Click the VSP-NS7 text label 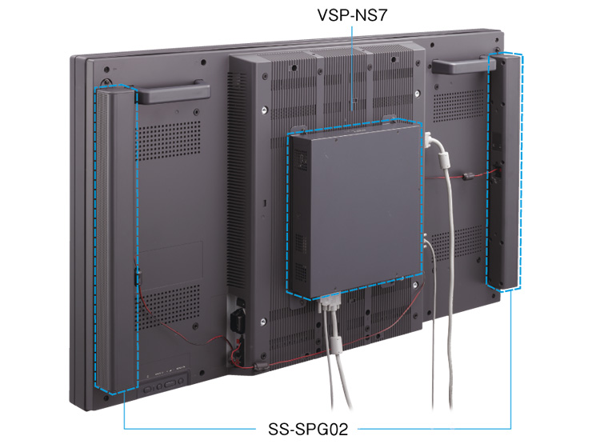click(x=352, y=15)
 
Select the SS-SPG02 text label click(x=308, y=429)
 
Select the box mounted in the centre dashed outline click(x=355, y=210)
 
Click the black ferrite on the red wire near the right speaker click(x=469, y=176)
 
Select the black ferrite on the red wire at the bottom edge click(x=260, y=365)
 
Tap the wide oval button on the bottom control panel click(x=170, y=384)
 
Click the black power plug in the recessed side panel click(x=238, y=319)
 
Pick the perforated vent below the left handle click(x=168, y=141)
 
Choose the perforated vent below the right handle click(x=458, y=106)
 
